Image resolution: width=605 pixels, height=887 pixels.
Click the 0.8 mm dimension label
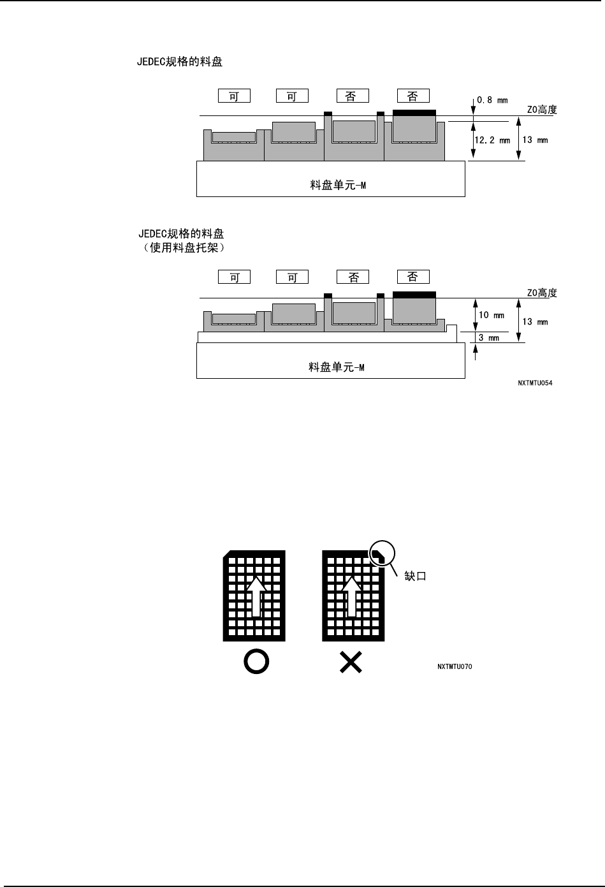pos(493,100)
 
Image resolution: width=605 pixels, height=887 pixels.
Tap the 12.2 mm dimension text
pos(492,140)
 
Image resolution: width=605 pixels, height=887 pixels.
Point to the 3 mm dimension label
pos(489,338)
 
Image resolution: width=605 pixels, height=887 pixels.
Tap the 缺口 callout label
pos(415,575)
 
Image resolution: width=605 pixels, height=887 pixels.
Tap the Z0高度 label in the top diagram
pos(542,110)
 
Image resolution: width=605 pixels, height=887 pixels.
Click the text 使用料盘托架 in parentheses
pos(182,247)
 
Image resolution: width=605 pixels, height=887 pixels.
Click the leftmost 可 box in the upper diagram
pos(234,96)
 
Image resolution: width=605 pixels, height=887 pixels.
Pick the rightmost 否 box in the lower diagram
pos(413,277)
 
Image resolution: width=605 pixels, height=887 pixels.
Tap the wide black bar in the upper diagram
pos(414,112)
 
